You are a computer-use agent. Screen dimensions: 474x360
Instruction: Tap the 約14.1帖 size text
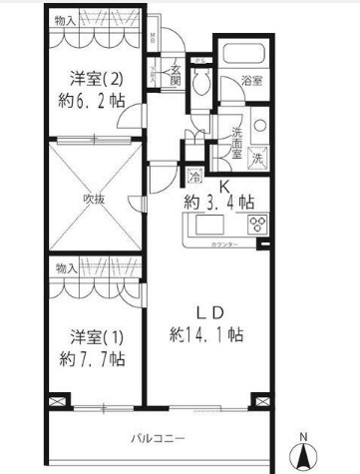(219, 333)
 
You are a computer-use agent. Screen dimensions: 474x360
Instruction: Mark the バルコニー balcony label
(160, 437)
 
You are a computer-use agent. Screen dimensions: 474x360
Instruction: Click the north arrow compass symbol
(306, 451)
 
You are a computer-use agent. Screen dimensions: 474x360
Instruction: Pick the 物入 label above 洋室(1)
(67, 268)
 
